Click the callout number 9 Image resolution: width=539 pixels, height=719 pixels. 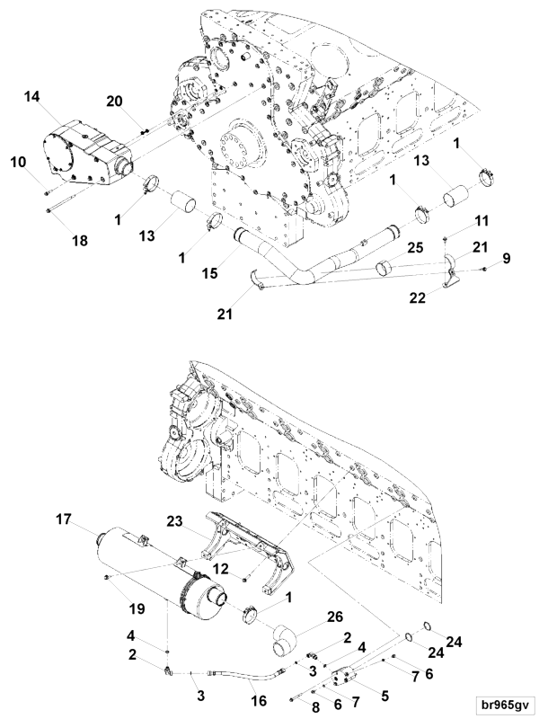(x=508, y=260)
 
